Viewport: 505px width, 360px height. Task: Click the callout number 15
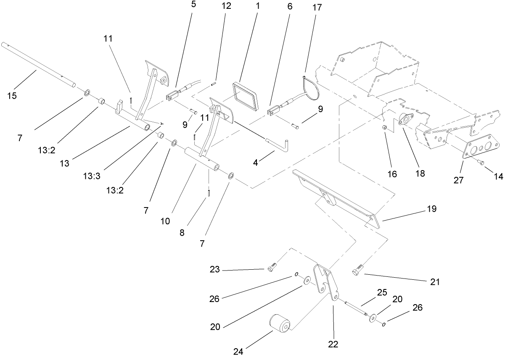tap(12, 96)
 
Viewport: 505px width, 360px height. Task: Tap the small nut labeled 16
tap(384, 127)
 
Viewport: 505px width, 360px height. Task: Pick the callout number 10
tap(165, 221)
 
